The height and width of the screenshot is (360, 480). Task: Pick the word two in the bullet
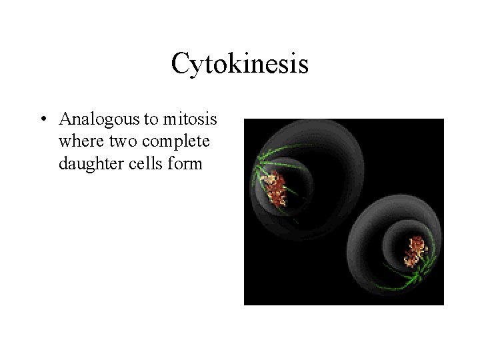pyautogui.click(x=117, y=141)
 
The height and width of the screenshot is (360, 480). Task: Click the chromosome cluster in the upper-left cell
pyautogui.click(x=274, y=187)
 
